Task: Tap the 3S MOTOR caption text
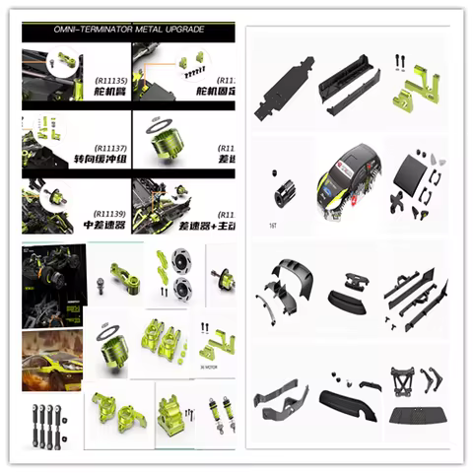(210, 368)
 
